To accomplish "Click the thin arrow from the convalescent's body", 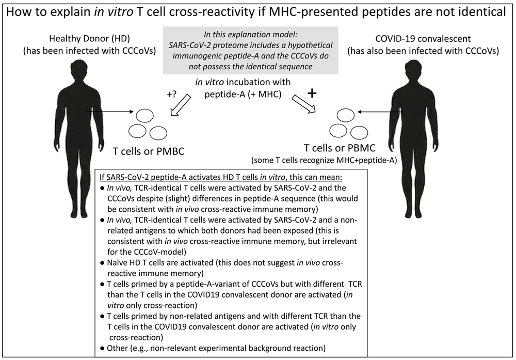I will [381, 111].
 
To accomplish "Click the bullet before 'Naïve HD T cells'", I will [104, 264].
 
